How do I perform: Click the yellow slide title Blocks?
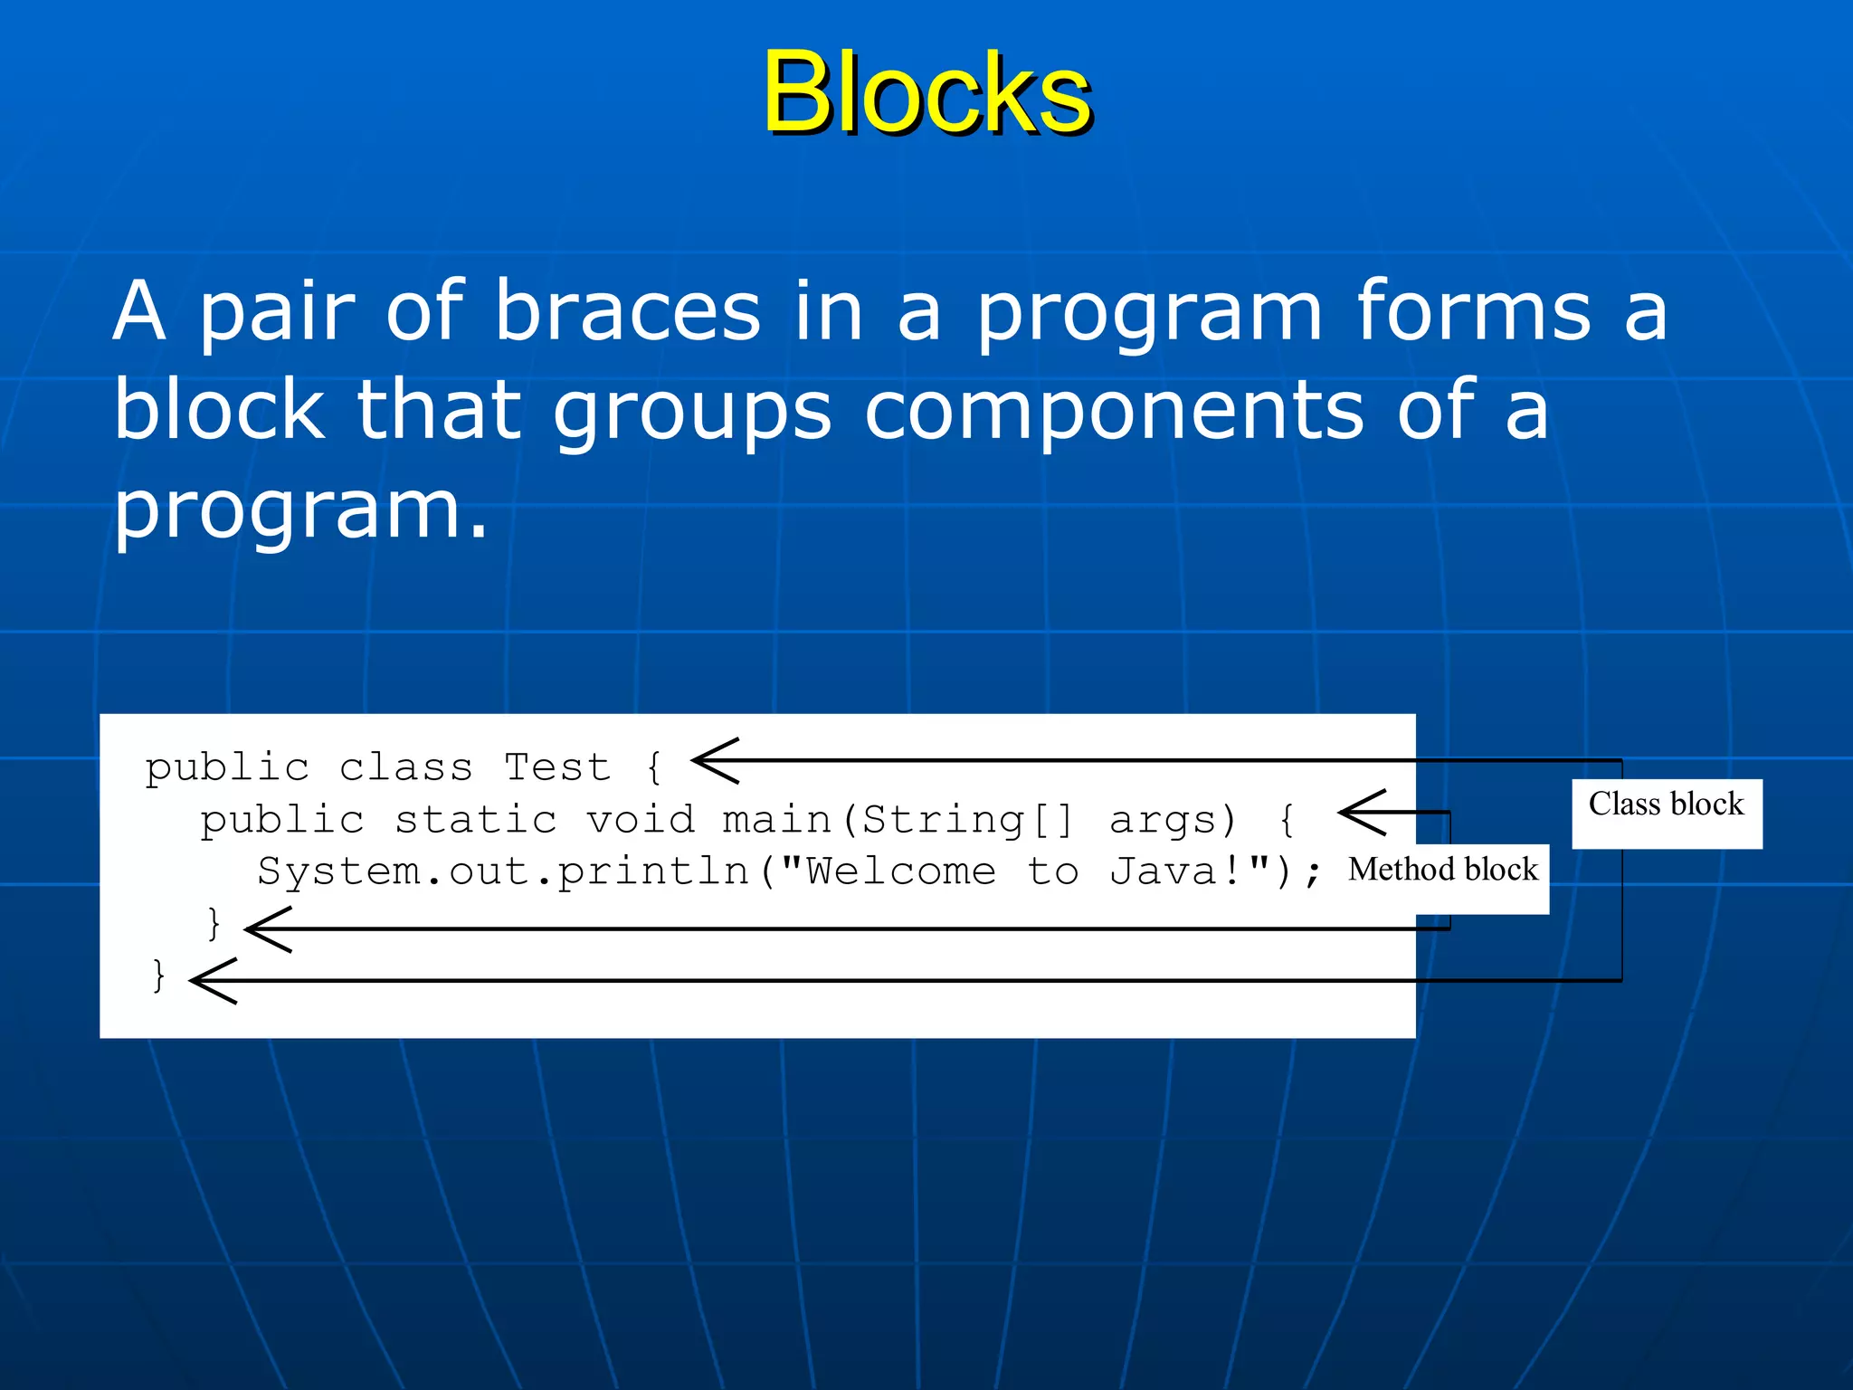pos(926,92)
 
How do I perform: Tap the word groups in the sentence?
pos(691,412)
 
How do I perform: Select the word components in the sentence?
pos(1114,412)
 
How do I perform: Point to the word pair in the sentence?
pos(276,312)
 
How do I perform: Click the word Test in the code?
pos(556,767)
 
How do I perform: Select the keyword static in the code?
pos(476,820)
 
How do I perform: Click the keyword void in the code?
pos(641,820)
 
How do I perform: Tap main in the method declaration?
pos(777,820)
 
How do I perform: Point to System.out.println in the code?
pos(503,872)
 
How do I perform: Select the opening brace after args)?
pos(1287,821)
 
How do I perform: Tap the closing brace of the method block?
pos(214,924)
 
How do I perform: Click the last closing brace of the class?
pos(159,976)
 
